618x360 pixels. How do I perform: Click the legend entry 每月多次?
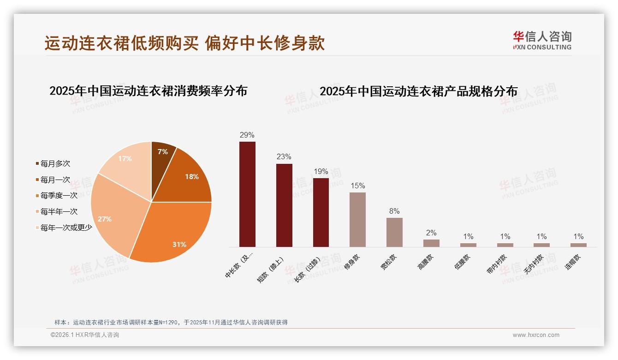tap(55, 164)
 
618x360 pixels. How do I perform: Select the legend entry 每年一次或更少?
tap(66, 228)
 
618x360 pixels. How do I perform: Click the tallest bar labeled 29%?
tap(247, 194)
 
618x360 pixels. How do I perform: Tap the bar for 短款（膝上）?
tap(284, 205)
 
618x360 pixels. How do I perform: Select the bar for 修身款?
tap(357, 219)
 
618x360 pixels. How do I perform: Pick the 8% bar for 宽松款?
tap(394, 232)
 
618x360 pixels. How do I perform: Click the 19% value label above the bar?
tap(321, 172)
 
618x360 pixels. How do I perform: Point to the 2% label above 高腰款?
tap(431, 233)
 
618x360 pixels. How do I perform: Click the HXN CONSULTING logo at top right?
tap(542, 40)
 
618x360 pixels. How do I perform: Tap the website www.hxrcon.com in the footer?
tap(536, 335)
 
